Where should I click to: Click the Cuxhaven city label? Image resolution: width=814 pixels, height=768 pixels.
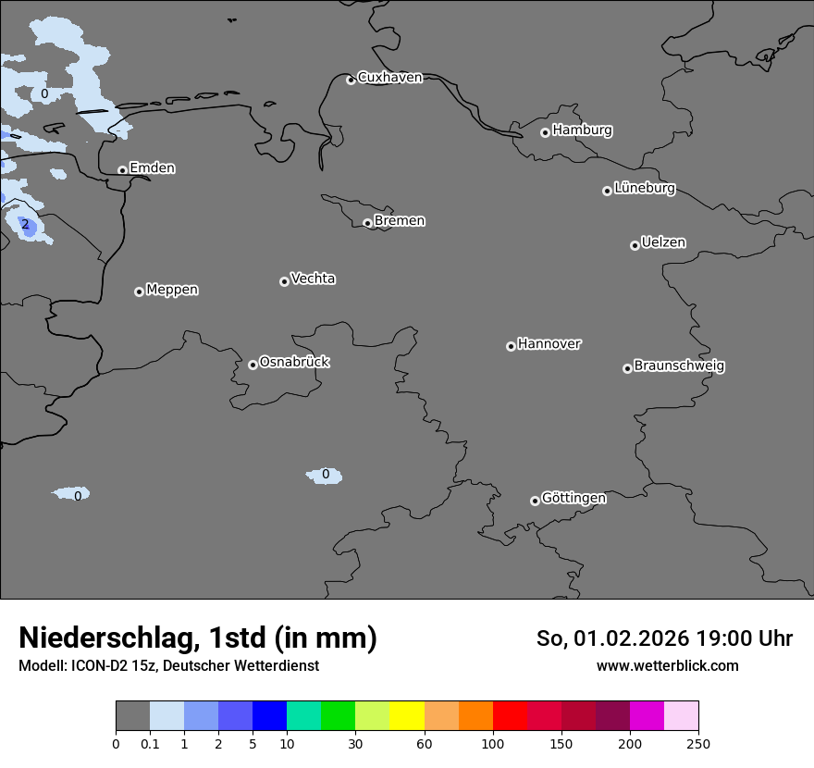coord(389,78)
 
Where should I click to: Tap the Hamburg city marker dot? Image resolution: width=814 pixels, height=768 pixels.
coord(545,132)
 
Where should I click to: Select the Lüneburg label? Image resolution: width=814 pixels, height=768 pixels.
coord(644,189)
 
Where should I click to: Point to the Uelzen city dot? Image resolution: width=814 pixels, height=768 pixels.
coord(635,245)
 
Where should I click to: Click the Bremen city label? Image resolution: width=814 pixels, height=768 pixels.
coord(399,221)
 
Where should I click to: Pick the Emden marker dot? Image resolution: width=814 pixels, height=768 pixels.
coord(122,170)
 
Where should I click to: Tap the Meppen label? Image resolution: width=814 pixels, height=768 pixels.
coord(172,290)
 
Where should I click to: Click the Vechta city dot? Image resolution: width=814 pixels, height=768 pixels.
coord(284,281)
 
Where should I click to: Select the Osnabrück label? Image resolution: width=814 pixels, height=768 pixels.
coord(294,363)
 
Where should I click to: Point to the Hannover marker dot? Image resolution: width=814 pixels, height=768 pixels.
coord(511,346)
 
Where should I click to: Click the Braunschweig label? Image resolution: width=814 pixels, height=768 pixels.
coord(679,366)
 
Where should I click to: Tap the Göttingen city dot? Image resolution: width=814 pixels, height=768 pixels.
coord(535,501)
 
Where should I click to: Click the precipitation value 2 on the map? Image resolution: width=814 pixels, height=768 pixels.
coord(25,225)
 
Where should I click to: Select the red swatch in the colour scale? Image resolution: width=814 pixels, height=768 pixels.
coord(510,716)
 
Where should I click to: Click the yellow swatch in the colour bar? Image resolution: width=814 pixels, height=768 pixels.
coord(407,716)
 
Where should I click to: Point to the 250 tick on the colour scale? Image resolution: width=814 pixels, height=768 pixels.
coord(697,743)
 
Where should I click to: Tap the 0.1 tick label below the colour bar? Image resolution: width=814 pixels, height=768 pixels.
coord(150,743)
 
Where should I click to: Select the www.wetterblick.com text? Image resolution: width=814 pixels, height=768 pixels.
coord(667,666)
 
